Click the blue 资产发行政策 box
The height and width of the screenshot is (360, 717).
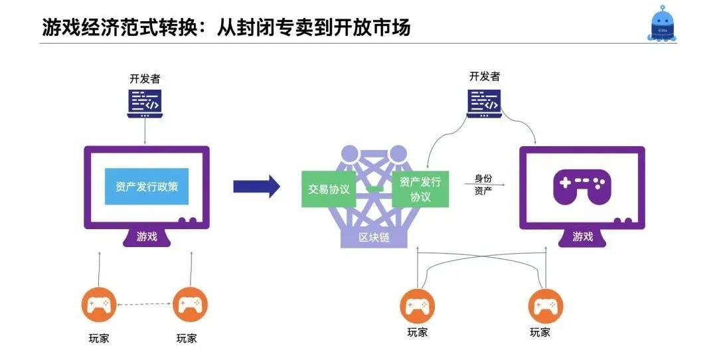(x=147, y=187)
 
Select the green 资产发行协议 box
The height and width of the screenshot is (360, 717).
(x=420, y=189)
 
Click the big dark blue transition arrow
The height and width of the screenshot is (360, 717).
(x=256, y=187)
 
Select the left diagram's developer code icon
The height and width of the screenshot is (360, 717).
(x=145, y=104)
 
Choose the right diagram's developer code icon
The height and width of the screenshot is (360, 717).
(x=484, y=102)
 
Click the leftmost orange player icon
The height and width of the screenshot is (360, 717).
(x=98, y=306)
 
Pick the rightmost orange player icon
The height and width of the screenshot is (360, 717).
(x=546, y=306)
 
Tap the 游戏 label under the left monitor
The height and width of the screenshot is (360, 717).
(x=147, y=236)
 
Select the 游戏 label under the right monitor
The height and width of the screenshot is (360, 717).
(x=582, y=236)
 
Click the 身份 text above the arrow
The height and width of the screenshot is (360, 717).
(x=483, y=178)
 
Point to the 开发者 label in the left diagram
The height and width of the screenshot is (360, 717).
(x=145, y=78)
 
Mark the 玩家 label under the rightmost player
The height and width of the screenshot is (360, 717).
(x=540, y=332)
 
